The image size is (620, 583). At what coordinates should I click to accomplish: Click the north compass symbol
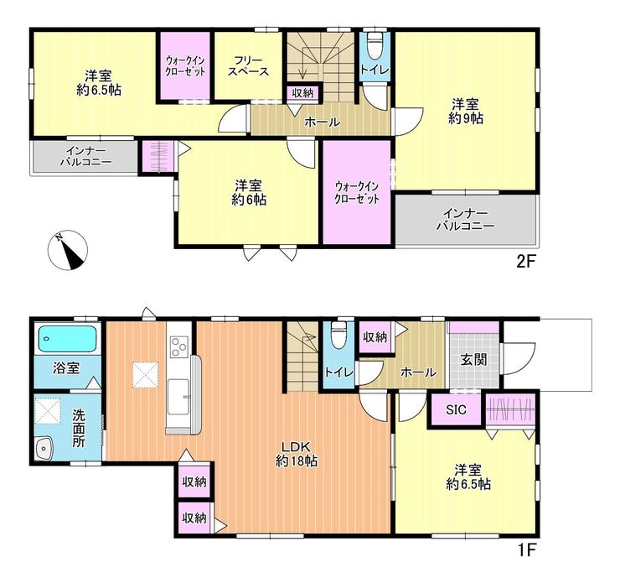(68, 251)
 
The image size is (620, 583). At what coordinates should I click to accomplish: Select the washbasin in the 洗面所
(44, 449)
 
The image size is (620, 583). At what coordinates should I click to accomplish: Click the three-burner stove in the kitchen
(179, 346)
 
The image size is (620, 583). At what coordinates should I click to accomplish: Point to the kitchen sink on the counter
(178, 397)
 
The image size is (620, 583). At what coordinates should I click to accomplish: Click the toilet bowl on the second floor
(375, 45)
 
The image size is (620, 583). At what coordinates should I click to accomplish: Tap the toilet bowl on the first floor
(338, 335)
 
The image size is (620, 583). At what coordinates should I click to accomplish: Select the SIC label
(456, 409)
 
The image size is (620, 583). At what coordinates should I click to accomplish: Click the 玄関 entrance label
(473, 360)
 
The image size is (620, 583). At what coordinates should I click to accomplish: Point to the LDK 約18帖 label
(297, 454)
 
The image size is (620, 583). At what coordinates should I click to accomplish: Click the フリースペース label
(248, 66)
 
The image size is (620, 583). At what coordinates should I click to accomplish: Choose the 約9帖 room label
(466, 112)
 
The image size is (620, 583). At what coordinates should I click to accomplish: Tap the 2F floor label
(526, 262)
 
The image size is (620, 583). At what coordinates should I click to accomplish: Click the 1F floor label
(526, 549)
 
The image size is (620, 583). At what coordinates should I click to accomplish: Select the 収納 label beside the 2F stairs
(303, 93)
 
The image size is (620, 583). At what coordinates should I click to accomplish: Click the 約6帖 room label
(249, 193)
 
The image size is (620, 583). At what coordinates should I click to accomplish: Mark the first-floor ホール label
(419, 372)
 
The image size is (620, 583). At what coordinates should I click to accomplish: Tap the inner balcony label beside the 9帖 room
(466, 220)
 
